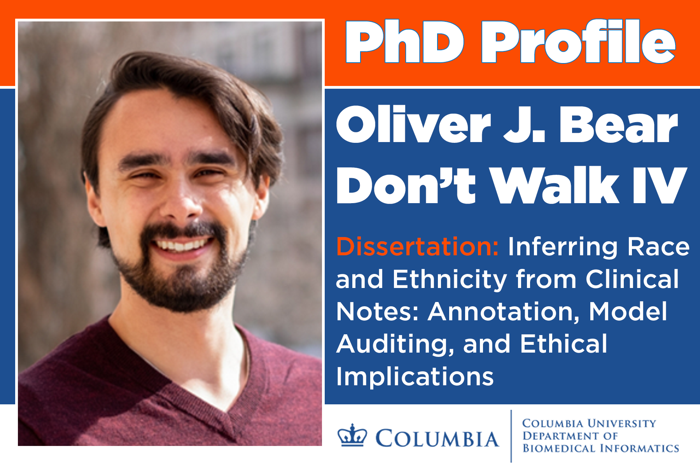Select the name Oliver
pyautogui.click(x=413, y=125)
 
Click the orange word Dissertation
pyautogui.click(x=418, y=247)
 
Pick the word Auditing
pyautogui.click(x=395, y=345)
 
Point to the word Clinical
pyautogui.click(x=632, y=279)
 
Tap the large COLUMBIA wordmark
pyautogui.click(x=437, y=439)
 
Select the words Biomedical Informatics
pyautogui.click(x=601, y=448)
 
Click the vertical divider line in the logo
pyautogui.click(x=511, y=436)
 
